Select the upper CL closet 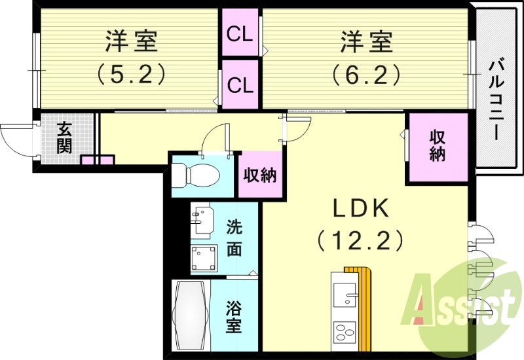click(x=240, y=33)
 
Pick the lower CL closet click(x=240, y=84)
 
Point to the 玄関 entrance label click(x=64, y=137)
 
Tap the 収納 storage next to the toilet click(x=261, y=175)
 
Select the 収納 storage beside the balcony click(x=438, y=146)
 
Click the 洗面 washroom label click(x=234, y=238)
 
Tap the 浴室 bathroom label click(x=234, y=317)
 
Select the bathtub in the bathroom click(x=190, y=316)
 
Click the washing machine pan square click(x=204, y=257)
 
